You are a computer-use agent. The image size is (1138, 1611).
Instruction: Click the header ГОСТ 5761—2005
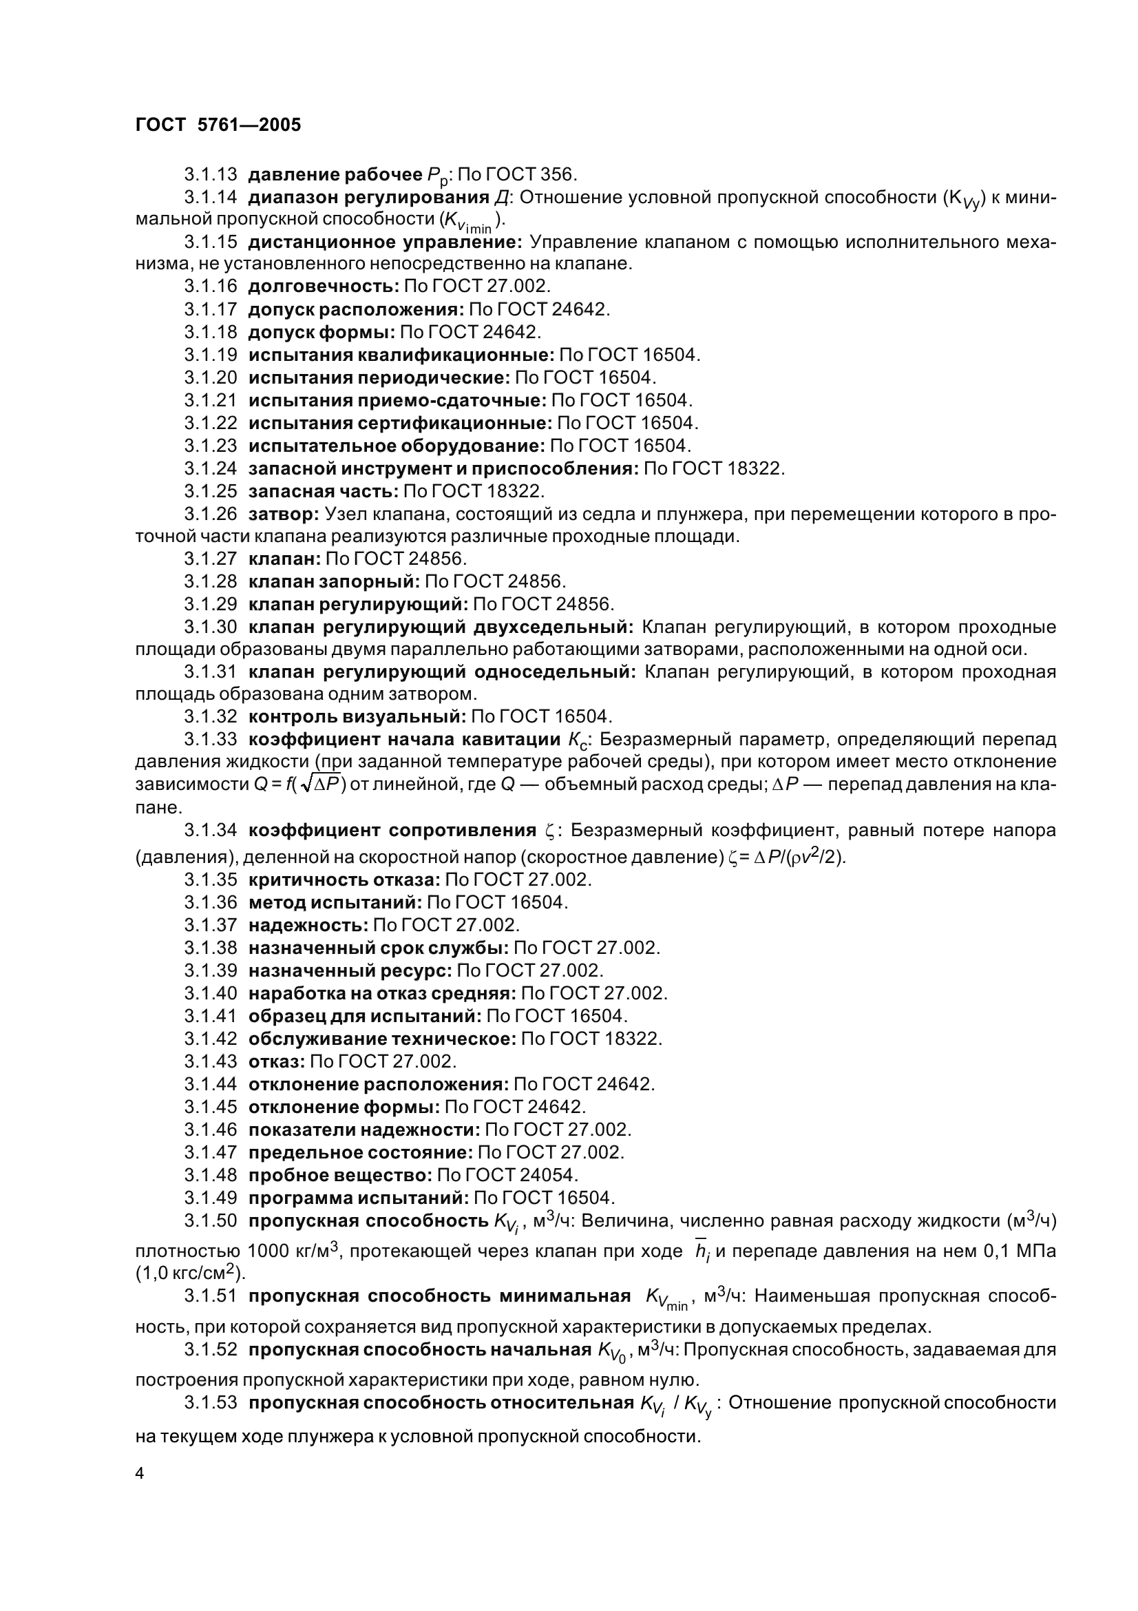(x=218, y=125)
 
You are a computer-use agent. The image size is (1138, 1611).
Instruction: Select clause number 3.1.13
(x=211, y=174)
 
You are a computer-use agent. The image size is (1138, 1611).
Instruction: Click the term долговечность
(x=324, y=287)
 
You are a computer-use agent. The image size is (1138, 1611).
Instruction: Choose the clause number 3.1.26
(x=211, y=515)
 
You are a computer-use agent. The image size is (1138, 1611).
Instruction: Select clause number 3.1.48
(x=211, y=1174)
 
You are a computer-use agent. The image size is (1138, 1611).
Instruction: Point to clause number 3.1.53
(x=211, y=1402)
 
